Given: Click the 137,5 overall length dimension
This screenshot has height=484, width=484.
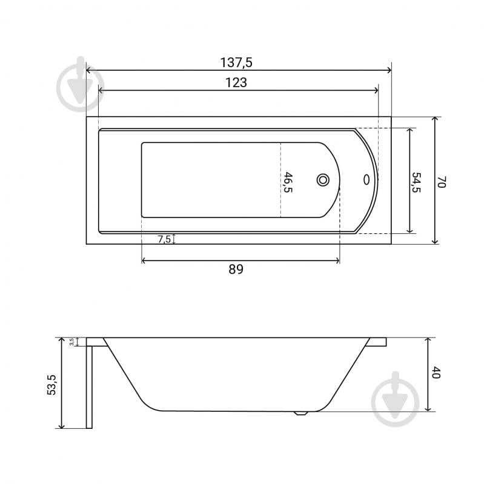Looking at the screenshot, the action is click(x=236, y=62).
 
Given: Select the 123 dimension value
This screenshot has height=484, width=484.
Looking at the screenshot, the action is click(x=236, y=83).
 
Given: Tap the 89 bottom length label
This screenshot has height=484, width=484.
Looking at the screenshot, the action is click(x=236, y=269).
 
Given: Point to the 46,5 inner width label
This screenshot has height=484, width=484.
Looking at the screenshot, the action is click(x=288, y=182).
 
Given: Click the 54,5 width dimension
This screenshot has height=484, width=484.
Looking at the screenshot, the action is click(x=416, y=182).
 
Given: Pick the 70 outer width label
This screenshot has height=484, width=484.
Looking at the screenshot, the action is click(x=442, y=182).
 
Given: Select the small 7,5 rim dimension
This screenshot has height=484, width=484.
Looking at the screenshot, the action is click(x=164, y=239).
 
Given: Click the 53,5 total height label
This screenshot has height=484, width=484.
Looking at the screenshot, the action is click(x=51, y=385).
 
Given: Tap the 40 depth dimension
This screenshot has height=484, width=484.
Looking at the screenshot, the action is click(x=436, y=373).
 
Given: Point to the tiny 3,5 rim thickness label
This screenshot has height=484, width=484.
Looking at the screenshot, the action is click(x=71, y=342).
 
